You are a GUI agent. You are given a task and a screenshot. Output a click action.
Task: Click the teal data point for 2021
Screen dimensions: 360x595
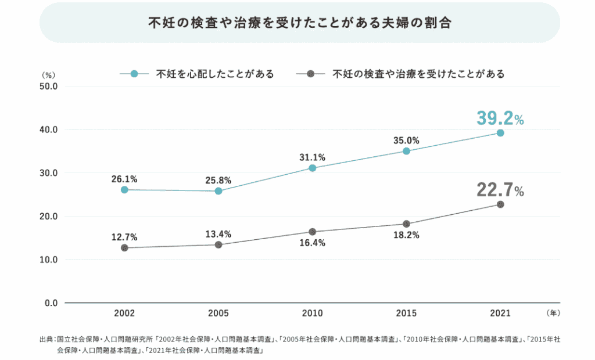[500, 133]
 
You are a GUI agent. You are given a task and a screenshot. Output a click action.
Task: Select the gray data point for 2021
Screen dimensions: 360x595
[500, 204]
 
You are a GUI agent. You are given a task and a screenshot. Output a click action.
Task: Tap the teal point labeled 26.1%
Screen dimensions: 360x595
[124, 189]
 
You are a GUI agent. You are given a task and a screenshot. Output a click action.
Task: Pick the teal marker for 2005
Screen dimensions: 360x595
[218, 191]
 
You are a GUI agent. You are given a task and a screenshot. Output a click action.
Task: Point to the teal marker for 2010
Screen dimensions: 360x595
[313, 168]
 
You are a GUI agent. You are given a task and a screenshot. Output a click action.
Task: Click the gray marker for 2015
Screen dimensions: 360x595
[406, 224]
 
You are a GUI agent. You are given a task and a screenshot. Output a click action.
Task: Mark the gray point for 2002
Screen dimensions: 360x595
[124, 248]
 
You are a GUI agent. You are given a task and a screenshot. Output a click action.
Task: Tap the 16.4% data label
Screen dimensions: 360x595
[313, 243]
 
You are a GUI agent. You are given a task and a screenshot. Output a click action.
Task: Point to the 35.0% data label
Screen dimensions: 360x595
[406, 140]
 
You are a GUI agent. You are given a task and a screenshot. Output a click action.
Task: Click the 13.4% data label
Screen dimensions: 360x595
[218, 234]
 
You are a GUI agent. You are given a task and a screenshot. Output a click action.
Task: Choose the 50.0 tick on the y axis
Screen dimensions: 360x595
[46, 87]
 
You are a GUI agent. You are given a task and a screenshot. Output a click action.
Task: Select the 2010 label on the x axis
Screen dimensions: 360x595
[313, 314]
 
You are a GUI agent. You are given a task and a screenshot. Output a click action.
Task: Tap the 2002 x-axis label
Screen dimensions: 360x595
[124, 314]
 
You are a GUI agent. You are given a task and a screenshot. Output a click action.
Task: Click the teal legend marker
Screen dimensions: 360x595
[134, 74]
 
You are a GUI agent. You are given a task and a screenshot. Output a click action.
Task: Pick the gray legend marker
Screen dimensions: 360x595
[310, 74]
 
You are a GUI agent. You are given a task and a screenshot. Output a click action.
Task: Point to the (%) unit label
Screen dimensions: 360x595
[48, 75]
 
